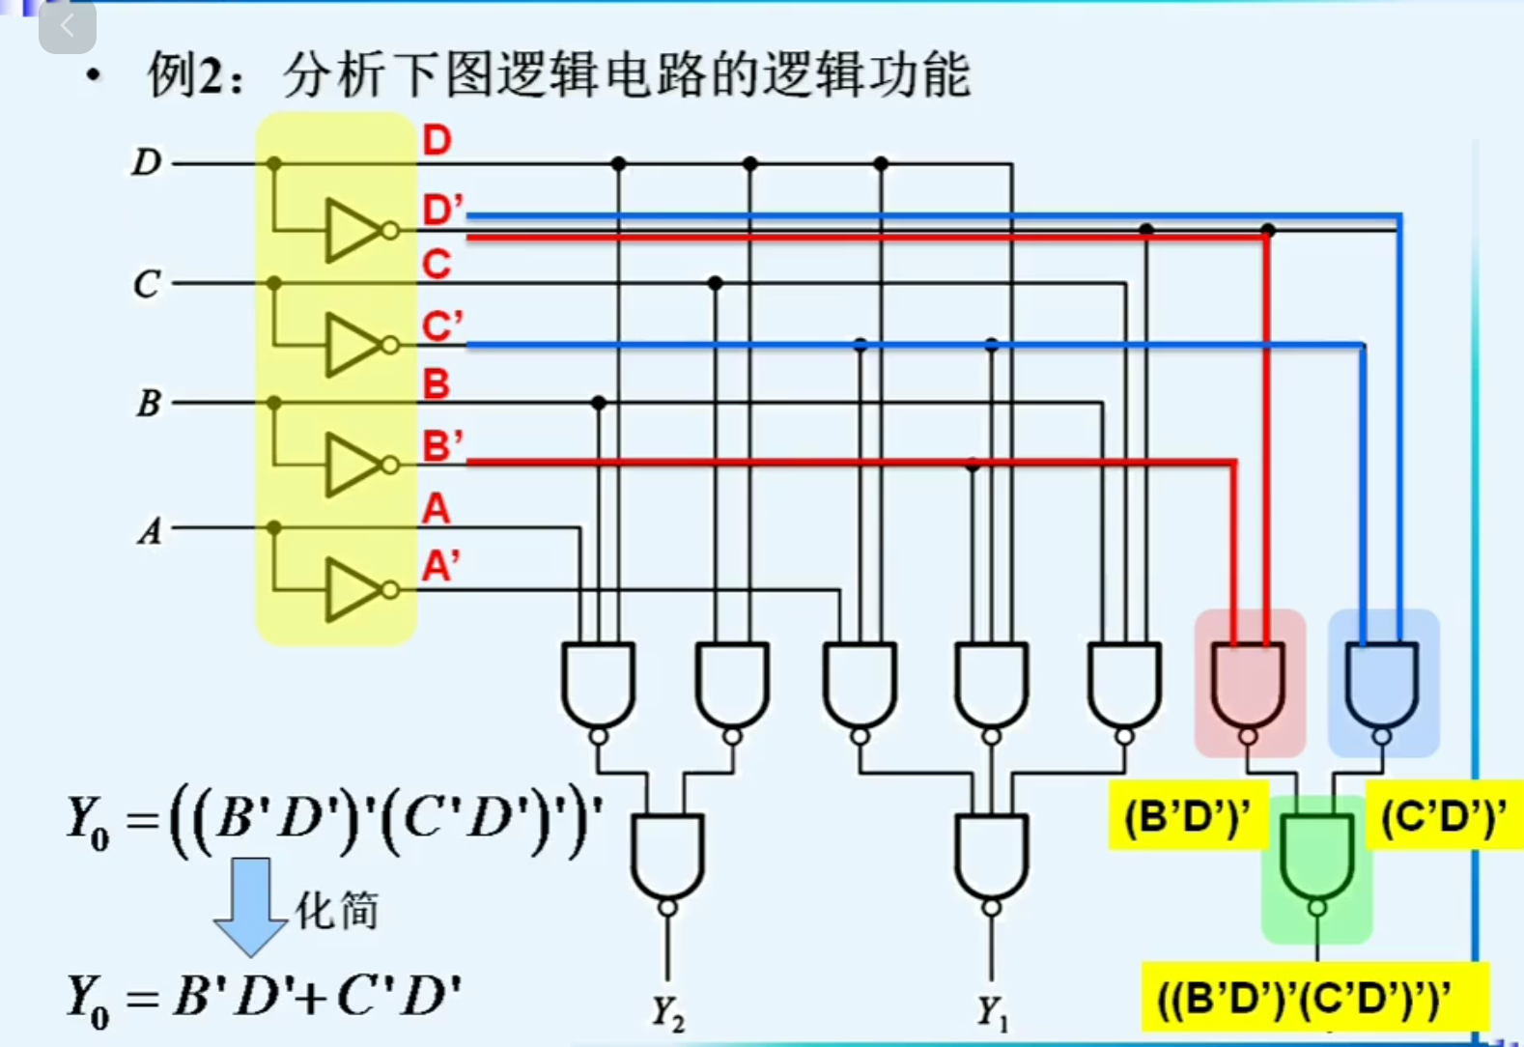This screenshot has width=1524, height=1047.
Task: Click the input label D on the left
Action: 147,162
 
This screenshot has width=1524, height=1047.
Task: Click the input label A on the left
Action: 150,530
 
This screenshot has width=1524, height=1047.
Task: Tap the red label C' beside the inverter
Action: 441,326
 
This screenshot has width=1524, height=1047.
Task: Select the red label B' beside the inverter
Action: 442,446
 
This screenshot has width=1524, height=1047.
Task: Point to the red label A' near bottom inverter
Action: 440,566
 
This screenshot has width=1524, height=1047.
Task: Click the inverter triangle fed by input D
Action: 353,231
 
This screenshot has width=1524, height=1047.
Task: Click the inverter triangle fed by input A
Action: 353,589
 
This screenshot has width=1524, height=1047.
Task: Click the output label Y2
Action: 667,1013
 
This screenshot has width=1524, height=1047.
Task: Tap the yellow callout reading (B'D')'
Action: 1187,817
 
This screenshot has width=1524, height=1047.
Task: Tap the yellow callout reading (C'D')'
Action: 1443,817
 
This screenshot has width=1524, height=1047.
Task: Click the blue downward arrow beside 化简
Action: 250,904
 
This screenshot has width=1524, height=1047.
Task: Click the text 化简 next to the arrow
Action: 336,911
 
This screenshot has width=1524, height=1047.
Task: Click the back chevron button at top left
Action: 67,26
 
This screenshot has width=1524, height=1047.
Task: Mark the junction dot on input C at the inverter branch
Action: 274,283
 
